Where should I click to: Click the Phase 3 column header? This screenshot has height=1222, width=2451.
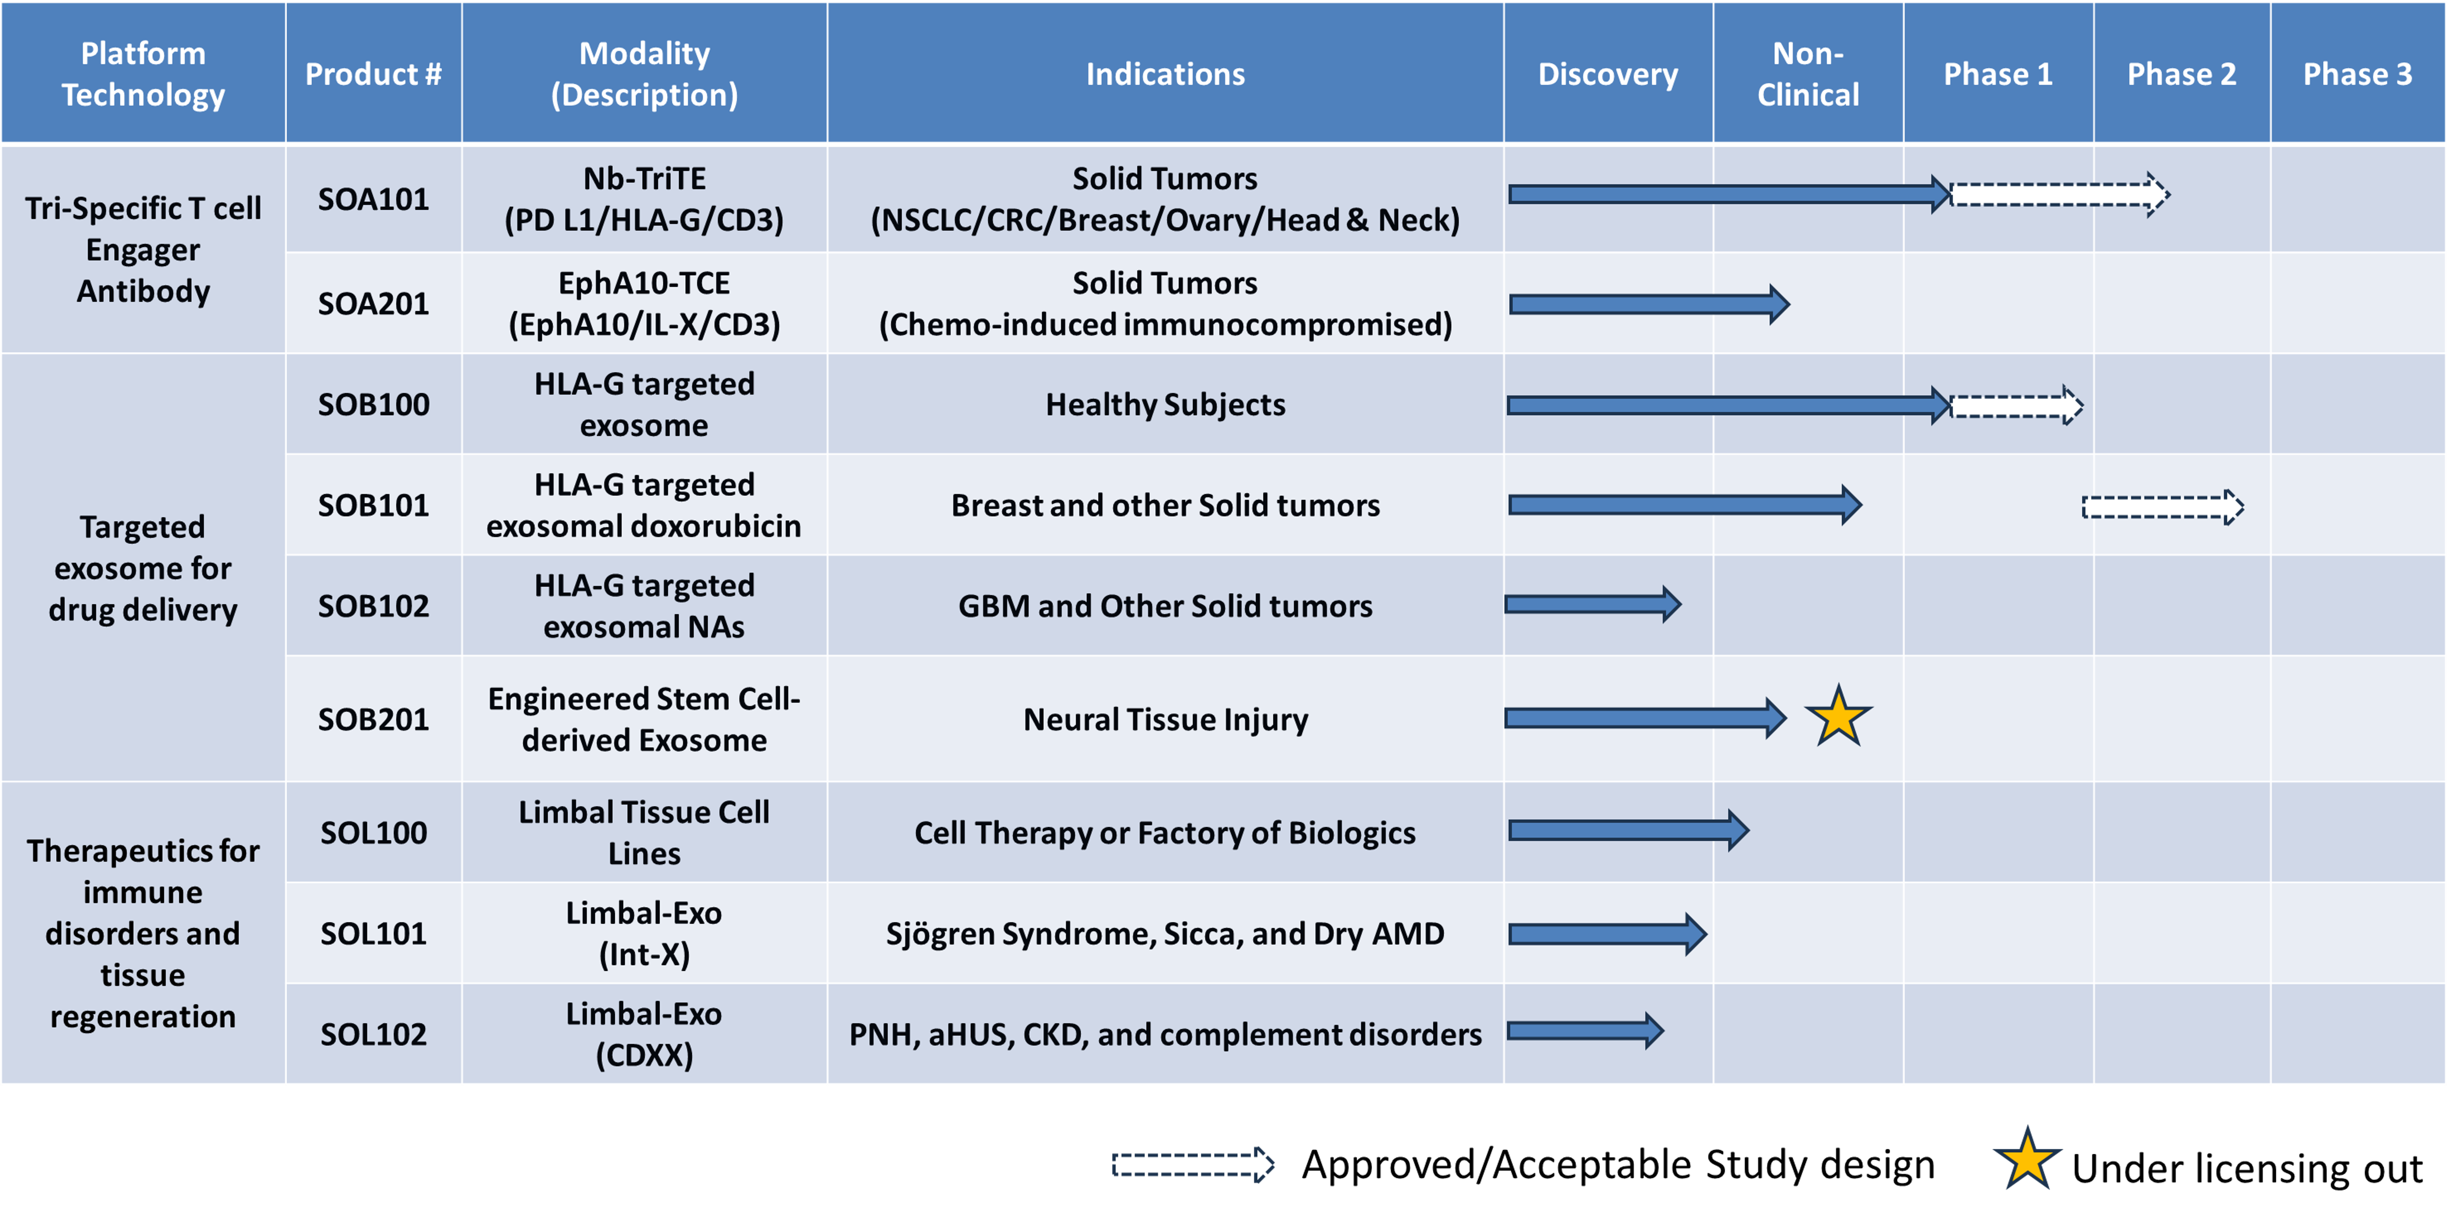2357,74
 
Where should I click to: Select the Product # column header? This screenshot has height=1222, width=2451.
373,74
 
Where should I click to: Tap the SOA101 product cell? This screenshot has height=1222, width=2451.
373,199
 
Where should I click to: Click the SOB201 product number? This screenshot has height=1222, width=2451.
373,719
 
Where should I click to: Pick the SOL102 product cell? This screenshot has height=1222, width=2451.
373,1034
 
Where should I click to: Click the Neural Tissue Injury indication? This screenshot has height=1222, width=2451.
1164,719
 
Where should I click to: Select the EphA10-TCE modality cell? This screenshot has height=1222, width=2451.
644,303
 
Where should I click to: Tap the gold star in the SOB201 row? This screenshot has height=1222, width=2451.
1837,717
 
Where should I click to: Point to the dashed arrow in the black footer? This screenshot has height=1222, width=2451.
1192,1164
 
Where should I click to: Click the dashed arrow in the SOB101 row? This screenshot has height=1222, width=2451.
2162,507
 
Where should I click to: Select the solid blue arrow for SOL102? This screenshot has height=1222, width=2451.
1584,1031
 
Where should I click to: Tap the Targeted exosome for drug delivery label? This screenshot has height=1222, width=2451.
143,568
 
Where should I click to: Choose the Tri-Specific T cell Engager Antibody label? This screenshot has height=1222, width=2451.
143,249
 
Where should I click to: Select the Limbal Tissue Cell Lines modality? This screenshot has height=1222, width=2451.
644,832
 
